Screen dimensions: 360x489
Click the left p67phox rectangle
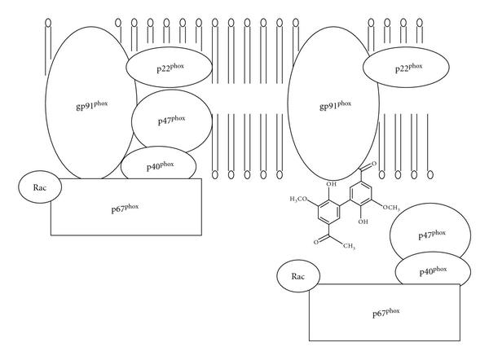126,206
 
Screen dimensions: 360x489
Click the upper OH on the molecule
328,185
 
